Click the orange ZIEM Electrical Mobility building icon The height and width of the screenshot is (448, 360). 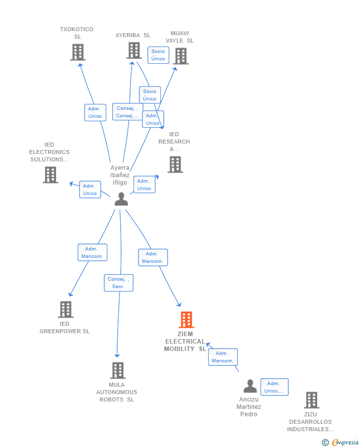pos(186,320)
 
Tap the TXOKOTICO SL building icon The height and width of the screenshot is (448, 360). pos(78,52)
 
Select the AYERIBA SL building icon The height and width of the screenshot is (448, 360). pos(134,50)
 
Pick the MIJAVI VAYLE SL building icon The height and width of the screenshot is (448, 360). pos(180,56)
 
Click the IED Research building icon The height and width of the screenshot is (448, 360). pos(175,164)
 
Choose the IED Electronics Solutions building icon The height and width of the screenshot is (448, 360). pos(50,175)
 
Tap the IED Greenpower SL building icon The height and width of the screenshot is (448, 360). pos(65,309)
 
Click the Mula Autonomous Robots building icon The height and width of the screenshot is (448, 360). pos(118,370)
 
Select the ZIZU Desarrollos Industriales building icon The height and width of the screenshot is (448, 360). pos(311,400)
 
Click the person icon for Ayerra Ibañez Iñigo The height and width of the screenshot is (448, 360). pos(121,199)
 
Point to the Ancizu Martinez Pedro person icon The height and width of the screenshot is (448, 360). pos(250,386)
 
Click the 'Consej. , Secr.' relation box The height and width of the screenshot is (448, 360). pos(119,283)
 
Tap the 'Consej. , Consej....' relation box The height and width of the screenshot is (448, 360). pos(128,112)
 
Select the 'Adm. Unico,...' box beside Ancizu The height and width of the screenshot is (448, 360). pos(274,387)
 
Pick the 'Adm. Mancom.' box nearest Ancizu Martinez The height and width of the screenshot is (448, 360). pos(223,357)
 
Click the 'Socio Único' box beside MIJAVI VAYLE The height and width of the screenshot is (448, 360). pos(158,55)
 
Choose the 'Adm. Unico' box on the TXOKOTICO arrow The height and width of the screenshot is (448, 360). pos(95,112)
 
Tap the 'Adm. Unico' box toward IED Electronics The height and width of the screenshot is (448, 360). pos(90,190)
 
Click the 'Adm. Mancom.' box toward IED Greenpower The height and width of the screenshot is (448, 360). pos(92,252)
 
